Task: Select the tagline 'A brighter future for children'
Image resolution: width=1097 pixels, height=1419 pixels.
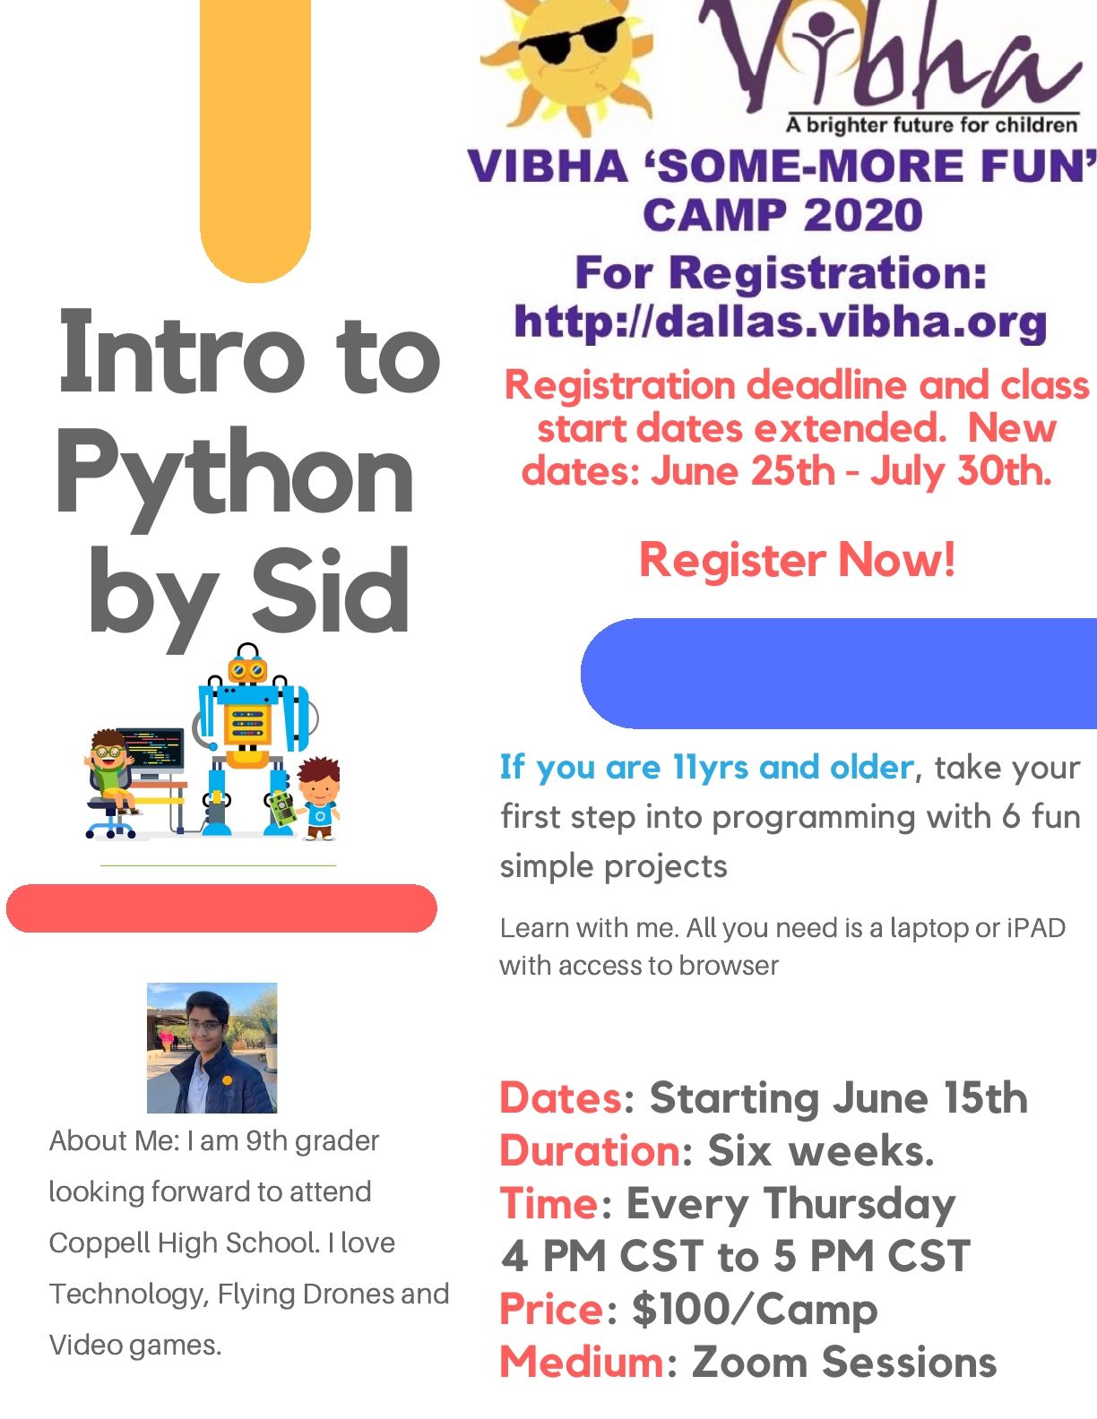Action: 931,125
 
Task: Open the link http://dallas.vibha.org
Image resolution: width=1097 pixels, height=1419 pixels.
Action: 780,322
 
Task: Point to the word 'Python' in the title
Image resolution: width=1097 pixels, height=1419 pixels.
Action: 235,475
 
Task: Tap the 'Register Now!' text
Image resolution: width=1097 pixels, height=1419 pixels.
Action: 797,561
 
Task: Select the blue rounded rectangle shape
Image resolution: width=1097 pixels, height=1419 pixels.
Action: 838,673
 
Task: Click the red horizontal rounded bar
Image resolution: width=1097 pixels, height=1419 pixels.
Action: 221,908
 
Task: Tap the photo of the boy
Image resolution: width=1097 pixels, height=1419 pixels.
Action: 212,1047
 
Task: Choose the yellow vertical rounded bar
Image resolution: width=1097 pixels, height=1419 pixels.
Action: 255,134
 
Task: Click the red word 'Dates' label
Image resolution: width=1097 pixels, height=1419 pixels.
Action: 560,1098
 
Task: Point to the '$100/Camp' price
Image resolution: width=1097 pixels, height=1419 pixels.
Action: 754,1310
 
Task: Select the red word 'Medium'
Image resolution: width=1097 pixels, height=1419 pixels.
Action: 581,1363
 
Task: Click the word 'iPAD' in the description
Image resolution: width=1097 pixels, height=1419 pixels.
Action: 1036,928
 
